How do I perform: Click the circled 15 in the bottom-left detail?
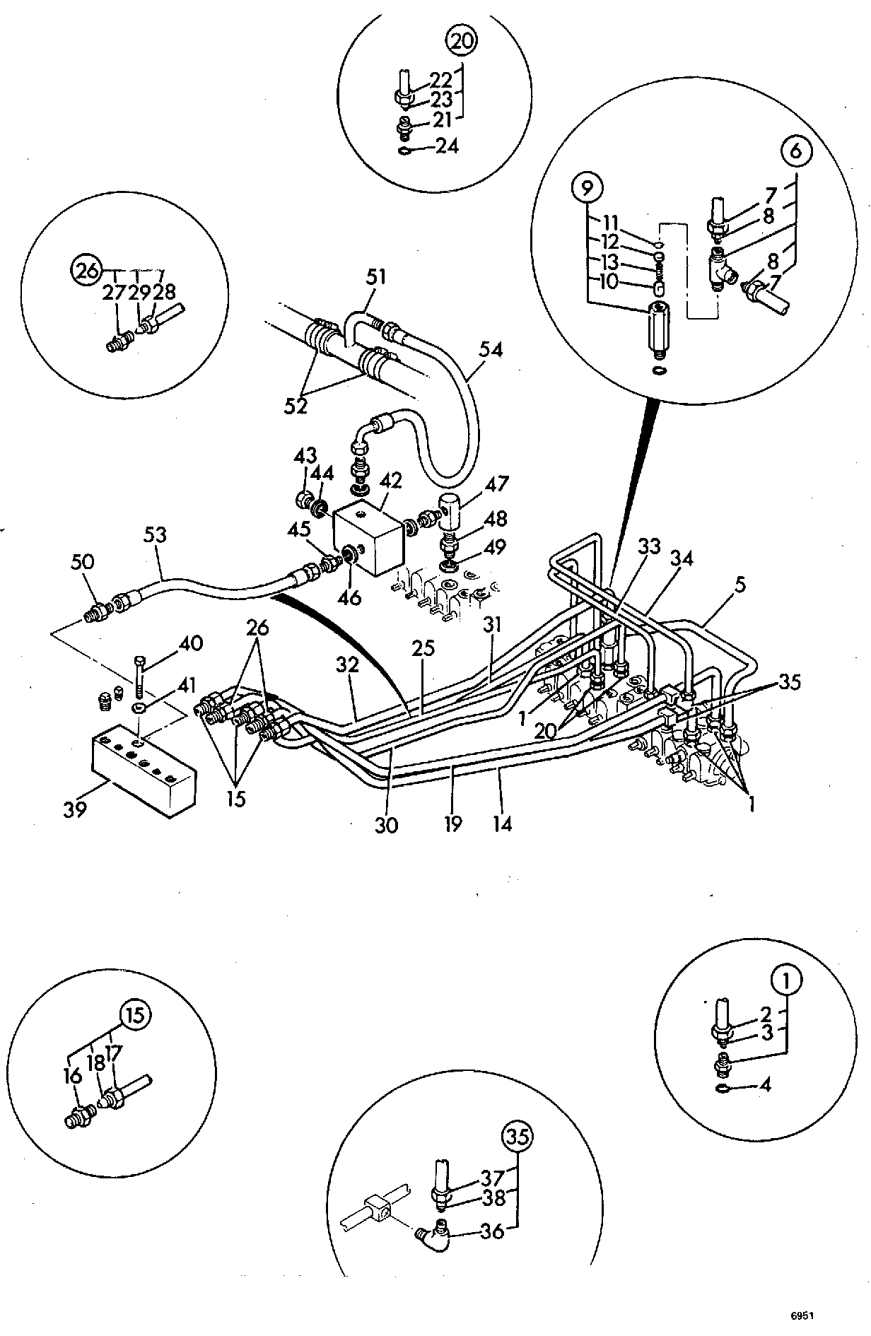pyautogui.click(x=136, y=1016)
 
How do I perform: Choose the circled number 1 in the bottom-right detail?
pyautogui.click(x=789, y=980)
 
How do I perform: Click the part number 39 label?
pyautogui.click(x=75, y=808)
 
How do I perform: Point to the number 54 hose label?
pyautogui.click(x=491, y=349)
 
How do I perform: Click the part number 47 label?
pyautogui.click(x=497, y=484)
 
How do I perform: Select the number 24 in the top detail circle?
pyautogui.click(x=446, y=146)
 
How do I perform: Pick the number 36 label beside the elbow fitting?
pyautogui.click(x=491, y=1231)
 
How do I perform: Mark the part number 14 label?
pyautogui.click(x=502, y=824)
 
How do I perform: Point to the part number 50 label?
pyautogui.click(x=83, y=563)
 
